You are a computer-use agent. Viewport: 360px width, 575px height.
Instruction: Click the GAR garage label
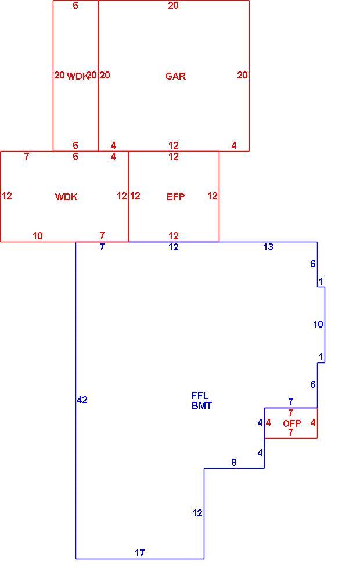pyautogui.click(x=175, y=76)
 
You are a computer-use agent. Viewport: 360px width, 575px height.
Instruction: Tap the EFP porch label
pyautogui.click(x=175, y=197)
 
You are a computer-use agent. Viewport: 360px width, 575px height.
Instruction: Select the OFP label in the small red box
pyautogui.click(x=292, y=423)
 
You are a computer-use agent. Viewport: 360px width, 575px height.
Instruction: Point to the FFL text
pyautogui.click(x=200, y=396)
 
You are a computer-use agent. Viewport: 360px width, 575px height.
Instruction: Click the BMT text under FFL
pyautogui.click(x=201, y=405)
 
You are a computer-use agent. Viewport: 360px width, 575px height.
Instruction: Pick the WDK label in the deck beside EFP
pyautogui.click(x=66, y=197)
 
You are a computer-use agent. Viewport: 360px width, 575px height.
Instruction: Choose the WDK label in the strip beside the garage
pyautogui.click(x=77, y=76)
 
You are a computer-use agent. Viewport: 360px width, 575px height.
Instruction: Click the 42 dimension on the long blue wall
pyautogui.click(x=82, y=400)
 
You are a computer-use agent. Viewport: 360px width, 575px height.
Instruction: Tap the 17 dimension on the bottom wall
pyautogui.click(x=140, y=553)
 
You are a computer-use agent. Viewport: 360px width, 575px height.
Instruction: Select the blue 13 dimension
pyautogui.click(x=268, y=247)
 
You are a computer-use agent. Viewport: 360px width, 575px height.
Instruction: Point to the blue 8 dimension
pyautogui.click(x=234, y=463)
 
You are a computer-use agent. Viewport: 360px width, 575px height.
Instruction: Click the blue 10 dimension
pyautogui.click(x=318, y=324)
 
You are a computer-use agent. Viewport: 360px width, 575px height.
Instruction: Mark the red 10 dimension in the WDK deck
pyautogui.click(x=38, y=236)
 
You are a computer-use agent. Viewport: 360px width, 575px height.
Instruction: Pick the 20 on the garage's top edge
pyautogui.click(x=174, y=5)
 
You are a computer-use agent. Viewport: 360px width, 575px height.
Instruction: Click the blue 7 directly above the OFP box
pyautogui.click(x=291, y=402)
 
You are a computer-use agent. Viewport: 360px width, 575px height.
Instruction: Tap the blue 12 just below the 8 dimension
pyautogui.click(x=197, y=513)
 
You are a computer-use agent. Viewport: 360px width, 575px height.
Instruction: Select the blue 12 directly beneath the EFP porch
pyautogui.click(x=174, y=247)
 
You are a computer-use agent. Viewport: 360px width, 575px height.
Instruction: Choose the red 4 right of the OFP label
pyautogui.click(x=313, y=423)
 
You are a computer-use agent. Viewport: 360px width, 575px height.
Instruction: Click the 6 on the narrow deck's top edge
pyautogui.click(x=75, y=5)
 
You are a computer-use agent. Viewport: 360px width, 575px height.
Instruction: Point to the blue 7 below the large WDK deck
pyautogui.click(x=102, y=247)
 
